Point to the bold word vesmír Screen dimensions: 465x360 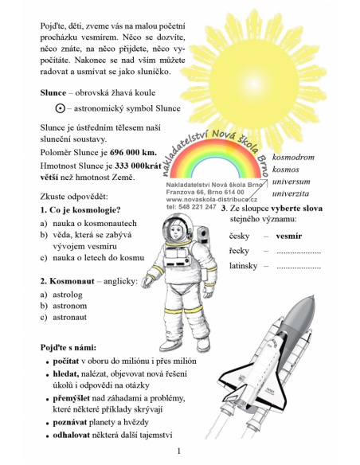coord(288,236)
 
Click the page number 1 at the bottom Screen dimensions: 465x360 coord(179,451)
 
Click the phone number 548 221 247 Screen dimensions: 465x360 coord(196,206)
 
